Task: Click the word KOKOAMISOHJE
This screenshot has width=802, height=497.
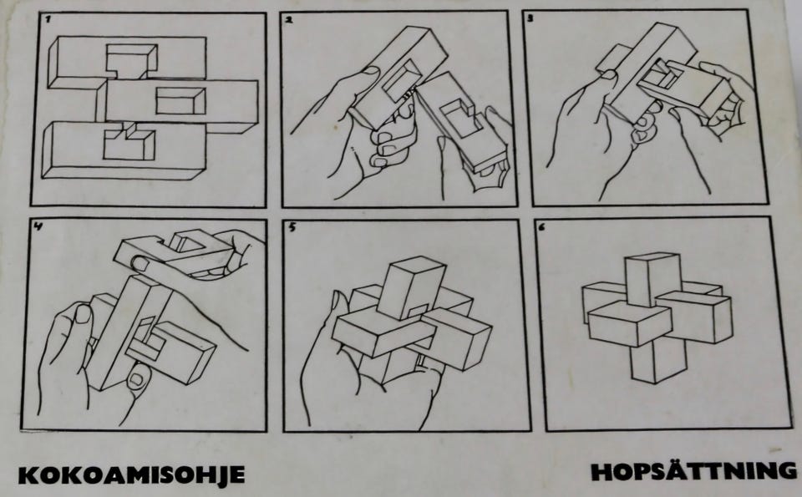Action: (x=132, y=474)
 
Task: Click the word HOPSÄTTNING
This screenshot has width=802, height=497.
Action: (x=694, y=471)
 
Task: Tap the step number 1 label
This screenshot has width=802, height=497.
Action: (x=47, y=19)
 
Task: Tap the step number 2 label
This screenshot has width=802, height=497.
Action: (x=289, y=20)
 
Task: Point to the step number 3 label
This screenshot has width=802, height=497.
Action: (x=530, y=18)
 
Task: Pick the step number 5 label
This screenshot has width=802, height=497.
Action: (x=292, y=227)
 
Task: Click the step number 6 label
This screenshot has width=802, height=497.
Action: (x=541, y=227)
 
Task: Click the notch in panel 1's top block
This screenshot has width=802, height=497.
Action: (x=131, y=61)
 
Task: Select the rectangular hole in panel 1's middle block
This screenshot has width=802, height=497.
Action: (x=180, y=101)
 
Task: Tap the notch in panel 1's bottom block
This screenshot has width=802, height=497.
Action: (x=129, y=142)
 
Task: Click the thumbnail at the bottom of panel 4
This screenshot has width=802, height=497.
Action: (x=136, y=379)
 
